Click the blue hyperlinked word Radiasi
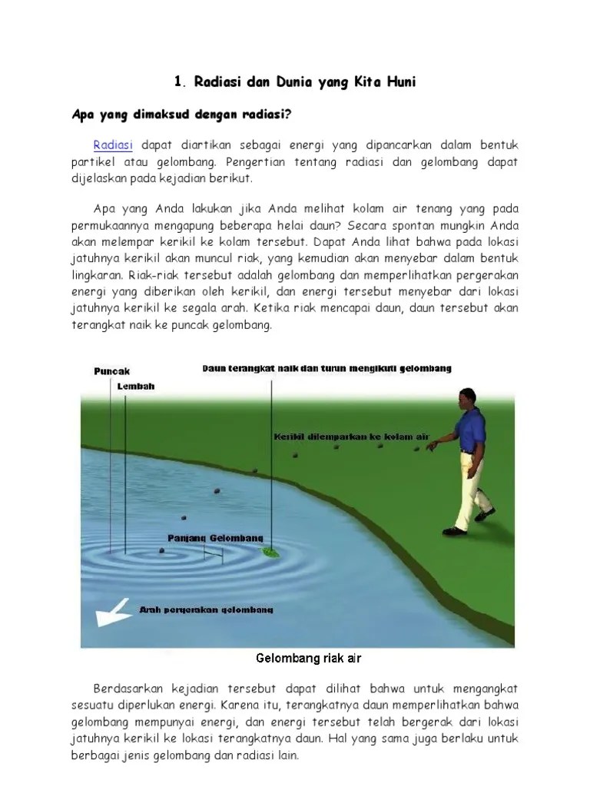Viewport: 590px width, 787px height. coord(114,145)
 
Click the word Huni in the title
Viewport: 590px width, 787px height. coord(397,81)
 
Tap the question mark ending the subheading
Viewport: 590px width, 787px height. coord(289,115)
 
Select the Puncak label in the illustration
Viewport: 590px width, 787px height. coord(111,370)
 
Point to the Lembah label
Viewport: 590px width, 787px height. coord(136,387)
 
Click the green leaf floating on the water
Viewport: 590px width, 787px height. coord(271,551)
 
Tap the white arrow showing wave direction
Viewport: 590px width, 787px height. coord(111,613)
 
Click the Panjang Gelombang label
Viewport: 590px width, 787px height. coord(216,537)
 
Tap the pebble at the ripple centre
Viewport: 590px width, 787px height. coord(161,550)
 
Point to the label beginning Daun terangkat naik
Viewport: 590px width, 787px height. coord(326,368)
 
